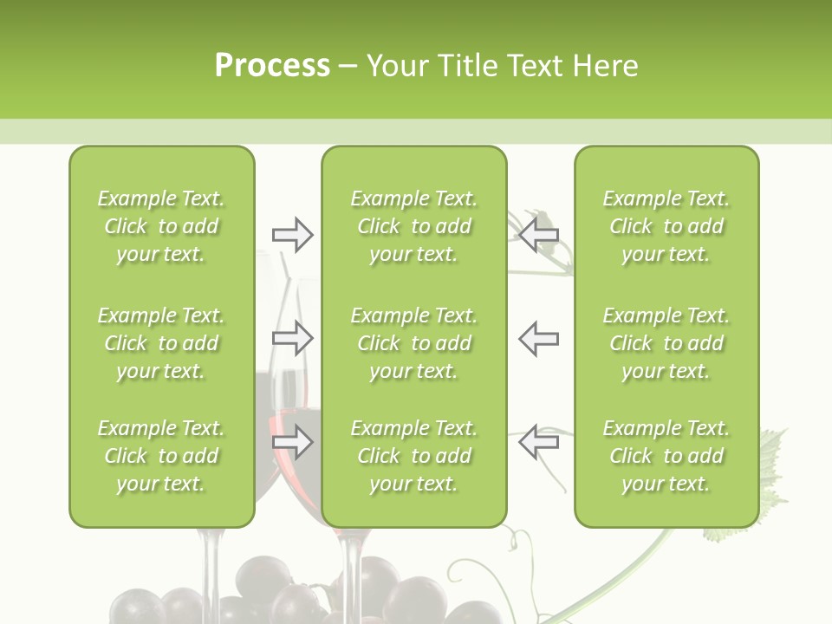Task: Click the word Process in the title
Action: pos(272,66)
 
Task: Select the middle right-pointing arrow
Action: pos(293,338)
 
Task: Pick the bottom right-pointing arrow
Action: pos(293,443)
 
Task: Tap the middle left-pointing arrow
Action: pos(538,338)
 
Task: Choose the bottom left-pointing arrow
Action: pos(538,443)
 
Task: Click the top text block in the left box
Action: pos(161,226)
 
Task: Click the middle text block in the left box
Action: pos(161,343)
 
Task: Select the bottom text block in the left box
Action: pos(161,456)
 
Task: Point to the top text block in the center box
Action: pos(413,226)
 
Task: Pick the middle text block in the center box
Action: pos(413,343)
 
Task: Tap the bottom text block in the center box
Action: pos(413,456)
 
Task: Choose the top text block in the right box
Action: pos(666,226)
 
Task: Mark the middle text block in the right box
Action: pos(666,343)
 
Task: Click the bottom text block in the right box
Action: pos(666,456)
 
